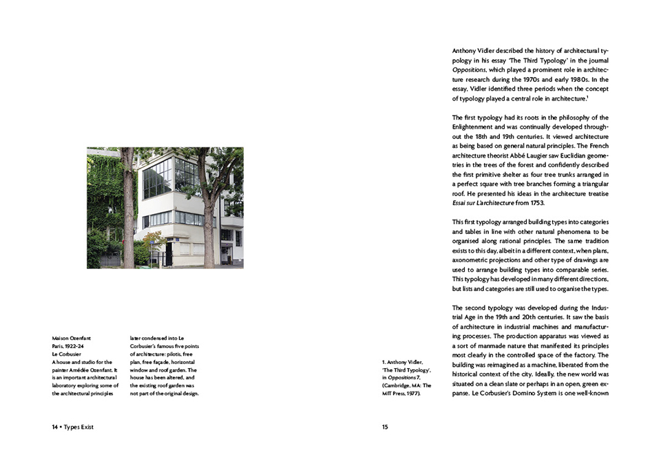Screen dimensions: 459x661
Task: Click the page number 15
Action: coord(385,427)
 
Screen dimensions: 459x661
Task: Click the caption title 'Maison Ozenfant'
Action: coord(72,339)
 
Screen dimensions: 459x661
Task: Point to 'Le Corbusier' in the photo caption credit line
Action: coord(68,354)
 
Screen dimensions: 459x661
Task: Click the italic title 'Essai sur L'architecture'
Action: coord(487,203)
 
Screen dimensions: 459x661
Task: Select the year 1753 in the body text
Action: coord(538,203)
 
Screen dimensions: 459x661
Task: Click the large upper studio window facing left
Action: coord(157,178)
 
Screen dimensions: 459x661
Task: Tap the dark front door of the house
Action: coord(169,252)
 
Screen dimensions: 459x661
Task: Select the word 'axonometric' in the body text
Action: coord(472,261)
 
